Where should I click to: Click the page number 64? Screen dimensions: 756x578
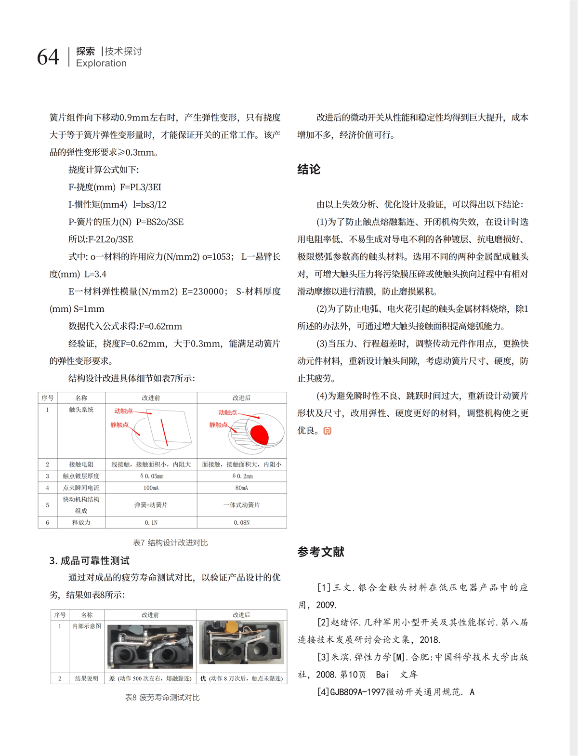[48, 57]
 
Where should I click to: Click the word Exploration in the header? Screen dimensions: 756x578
[101, 63]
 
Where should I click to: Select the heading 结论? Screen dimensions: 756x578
[309, 169]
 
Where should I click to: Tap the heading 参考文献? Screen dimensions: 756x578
[321, 552]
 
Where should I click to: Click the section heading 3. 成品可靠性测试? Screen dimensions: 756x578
[90, 560]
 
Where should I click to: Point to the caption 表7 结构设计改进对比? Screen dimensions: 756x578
[171, 543]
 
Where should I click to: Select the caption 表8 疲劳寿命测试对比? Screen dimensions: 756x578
[162, 697]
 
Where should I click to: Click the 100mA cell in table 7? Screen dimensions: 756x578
[151, 488]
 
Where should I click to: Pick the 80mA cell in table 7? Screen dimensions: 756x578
[241, 488]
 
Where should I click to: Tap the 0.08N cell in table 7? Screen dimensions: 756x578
[241, 522]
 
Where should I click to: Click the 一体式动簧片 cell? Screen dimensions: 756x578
[241, 505]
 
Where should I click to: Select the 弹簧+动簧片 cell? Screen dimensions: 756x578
[151, 505]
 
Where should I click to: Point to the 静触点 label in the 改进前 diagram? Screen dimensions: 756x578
[119, 424]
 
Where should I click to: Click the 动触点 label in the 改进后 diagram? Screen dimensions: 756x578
[227, 412]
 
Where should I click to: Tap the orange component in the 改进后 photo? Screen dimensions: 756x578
[229, 626]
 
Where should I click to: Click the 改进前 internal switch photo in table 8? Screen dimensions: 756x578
[150, 646]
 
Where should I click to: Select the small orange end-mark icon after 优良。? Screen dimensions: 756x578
[328, 431]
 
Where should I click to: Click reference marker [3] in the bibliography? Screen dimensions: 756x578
[323, 657]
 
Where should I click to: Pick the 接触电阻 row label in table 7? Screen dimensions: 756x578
[81, 464]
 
